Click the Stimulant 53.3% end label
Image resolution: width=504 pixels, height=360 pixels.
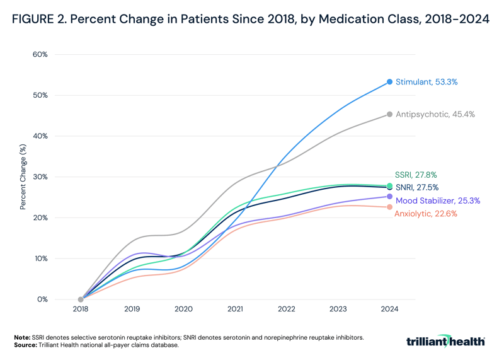click(x=426, y=82)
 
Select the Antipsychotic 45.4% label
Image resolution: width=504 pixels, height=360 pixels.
click(x=435, y=114)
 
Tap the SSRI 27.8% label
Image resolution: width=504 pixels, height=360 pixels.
click(x=415, y=175)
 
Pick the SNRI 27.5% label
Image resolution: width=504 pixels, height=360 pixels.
click(x=417, y=187)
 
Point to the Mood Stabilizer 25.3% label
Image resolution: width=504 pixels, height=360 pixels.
click(x=438, y=200)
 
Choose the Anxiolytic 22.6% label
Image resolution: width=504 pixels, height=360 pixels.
click(x=425, y=214)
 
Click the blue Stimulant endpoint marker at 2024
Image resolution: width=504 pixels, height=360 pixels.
click(x=390, y=82)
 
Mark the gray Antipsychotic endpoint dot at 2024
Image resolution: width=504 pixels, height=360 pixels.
click(x=390, y=114)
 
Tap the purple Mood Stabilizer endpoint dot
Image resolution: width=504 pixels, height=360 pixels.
click(x=390, y=197)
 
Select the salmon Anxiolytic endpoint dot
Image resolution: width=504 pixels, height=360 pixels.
click(x=390, y=207)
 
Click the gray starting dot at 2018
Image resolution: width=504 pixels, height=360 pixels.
click(x=81, y=299)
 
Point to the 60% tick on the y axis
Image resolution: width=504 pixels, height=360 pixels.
click(x=40, y=54)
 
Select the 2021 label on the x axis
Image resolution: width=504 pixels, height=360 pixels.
click(x=235, y=310)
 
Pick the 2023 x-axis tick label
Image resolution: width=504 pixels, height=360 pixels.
click(x=338, y=310)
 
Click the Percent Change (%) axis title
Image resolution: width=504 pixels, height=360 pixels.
click(x=23, y=177)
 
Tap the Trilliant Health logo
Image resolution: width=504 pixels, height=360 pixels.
click(x=445, y=341)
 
